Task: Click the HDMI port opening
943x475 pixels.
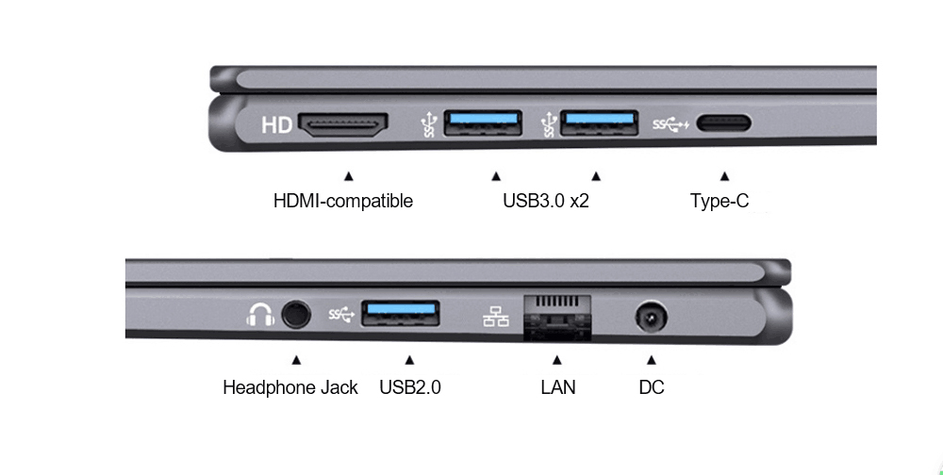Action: click(343, 125)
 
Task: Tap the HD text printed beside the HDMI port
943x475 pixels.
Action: click(276, 125)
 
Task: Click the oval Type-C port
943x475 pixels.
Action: click(723, 123)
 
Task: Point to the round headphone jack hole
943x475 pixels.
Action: click(296, 314)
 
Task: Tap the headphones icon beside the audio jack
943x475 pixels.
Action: click(258, 314)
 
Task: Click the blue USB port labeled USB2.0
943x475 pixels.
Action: click(400, 314)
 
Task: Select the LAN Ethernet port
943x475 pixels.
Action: click(556, 316)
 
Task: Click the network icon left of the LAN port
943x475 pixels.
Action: click(496, 316)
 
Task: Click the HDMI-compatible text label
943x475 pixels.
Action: click(342, 201)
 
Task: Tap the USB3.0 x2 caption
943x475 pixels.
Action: click(545, 201)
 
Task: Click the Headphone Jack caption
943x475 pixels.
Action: click(290, 387)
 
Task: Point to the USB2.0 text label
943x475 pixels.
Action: click(410, 387)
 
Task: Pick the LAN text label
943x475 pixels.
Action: click(558, 387)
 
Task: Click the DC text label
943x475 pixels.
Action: click(652, 387)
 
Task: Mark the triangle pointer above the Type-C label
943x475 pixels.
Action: click(724, 175)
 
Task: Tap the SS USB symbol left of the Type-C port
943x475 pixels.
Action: click(671, 124)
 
